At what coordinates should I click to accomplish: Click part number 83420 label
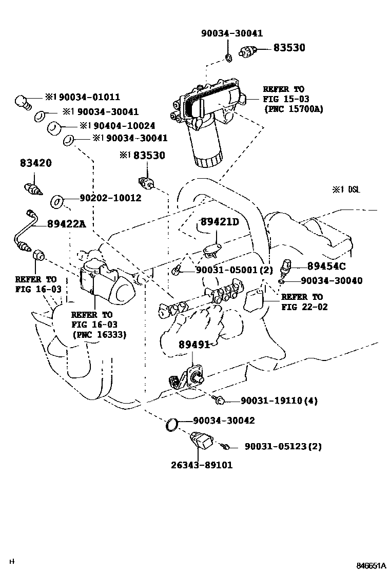click(36, 163)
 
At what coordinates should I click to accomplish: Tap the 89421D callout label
click(220, 221)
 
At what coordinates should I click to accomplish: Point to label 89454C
click(326, 266)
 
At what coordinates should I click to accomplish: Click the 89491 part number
click(194, 345)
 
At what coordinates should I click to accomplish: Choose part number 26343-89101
click(201, 465)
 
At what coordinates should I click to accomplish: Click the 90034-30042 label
click(224, 421)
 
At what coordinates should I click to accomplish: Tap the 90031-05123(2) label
click(283, 446)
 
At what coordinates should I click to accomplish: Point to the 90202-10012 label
click(110, 198)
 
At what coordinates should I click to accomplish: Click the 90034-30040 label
click(331, 280)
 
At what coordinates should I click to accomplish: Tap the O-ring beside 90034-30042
click(172, 424)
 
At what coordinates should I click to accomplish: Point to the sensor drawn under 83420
click(33, 188)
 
